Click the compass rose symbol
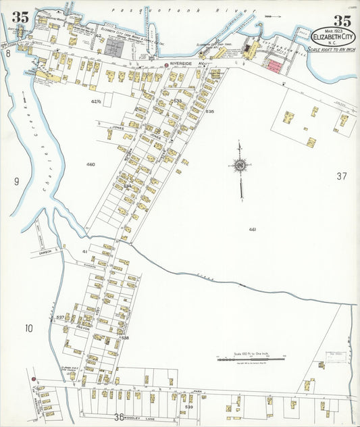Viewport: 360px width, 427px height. (240, 164)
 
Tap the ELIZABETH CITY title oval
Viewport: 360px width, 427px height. (332, 34)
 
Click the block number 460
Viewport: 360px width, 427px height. (91, 164)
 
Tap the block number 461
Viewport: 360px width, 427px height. (252, 229)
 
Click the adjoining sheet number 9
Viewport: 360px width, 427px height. (16, 180)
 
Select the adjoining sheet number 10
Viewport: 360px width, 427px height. (28, 328)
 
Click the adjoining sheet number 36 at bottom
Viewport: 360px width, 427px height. (120, 417)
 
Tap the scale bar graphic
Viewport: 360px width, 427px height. (251, 359)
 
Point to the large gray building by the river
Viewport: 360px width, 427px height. (115, 47)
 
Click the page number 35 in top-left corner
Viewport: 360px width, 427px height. (20, 18)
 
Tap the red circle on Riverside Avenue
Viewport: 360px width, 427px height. (166, 66)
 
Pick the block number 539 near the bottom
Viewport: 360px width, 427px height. (189, 407)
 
